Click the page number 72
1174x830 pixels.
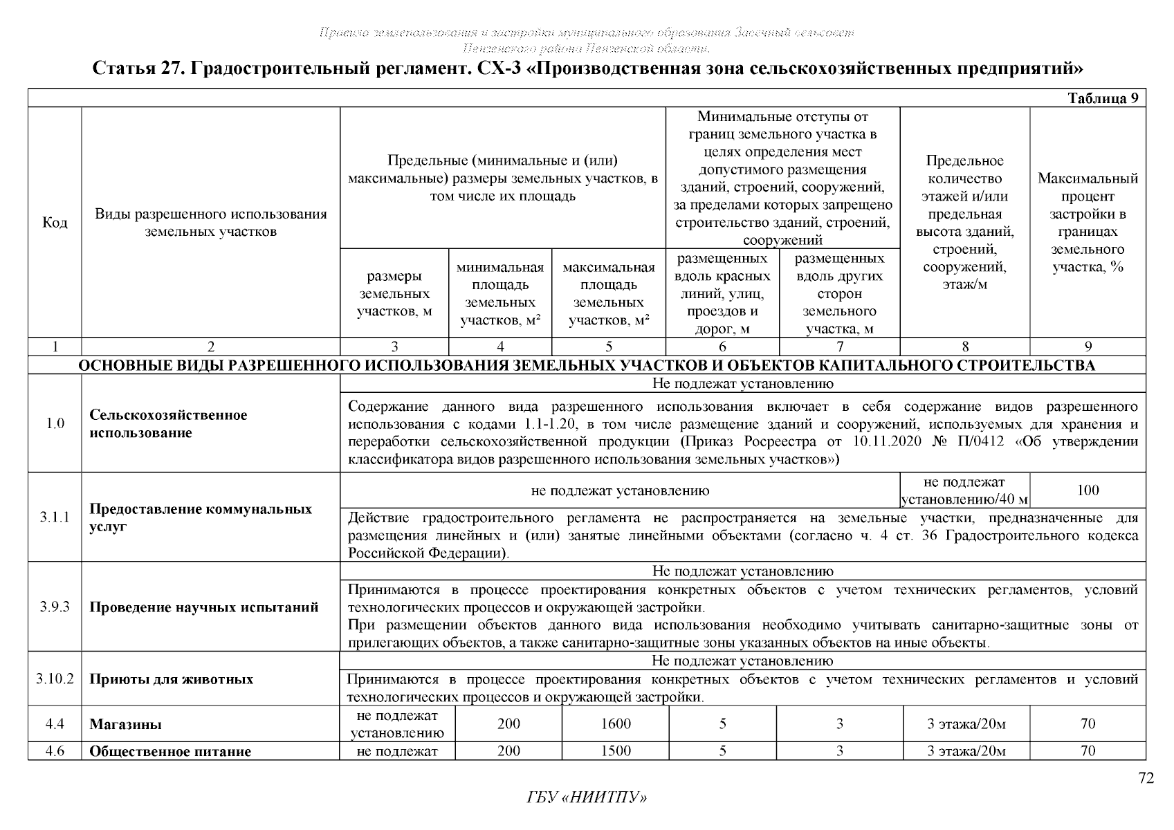[x=1146, y=779]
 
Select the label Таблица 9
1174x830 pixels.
[x=1103, y=98]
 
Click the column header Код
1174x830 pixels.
[x=55, y=223]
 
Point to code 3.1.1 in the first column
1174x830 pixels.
[x=55, y=517]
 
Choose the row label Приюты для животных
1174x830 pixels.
[x=171, y=679]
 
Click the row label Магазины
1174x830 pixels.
[x=126, y=725]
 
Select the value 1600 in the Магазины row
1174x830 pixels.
[x=615, y=724]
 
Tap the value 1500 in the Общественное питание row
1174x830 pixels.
[x=615, y=751]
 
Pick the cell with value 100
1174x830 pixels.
[x=1088, y=490]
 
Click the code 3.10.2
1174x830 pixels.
[x=55, y=679]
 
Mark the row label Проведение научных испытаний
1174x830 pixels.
[x=203, y=608]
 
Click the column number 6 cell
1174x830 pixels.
[x=722, y=347]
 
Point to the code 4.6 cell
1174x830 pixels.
[x=55, y=751]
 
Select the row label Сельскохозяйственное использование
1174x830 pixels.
[x=168, y=424]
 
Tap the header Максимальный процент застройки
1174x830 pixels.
[x=1088, y=223]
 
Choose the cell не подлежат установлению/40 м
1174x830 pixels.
[x=964, y=490]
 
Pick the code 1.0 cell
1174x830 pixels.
[x=55, y=423]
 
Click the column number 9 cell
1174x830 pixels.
[x=1088, y=347]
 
